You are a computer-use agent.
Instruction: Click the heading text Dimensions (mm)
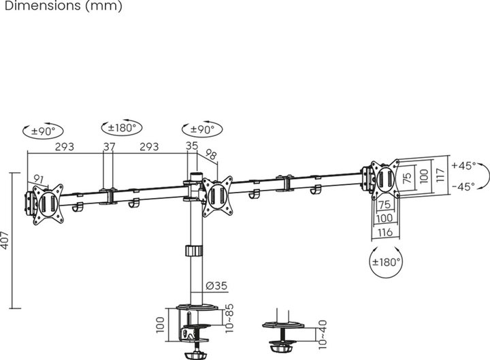pos(63,6)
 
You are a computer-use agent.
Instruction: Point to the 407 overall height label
pos(5,240)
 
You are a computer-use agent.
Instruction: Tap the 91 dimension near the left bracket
pos(38,180)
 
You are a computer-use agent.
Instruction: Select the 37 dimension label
pos(110,146)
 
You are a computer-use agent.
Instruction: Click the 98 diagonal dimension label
pos(211,154)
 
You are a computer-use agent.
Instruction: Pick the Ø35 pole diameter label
pos(216,286)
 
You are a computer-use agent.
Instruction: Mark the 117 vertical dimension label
pos(440,175)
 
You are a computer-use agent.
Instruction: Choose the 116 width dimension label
pos(385,233)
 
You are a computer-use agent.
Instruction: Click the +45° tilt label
pos(463,165)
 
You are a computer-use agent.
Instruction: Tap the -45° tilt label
pos(463,186)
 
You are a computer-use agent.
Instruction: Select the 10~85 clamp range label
pos(229,318)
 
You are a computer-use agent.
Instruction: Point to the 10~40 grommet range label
pos(322,334)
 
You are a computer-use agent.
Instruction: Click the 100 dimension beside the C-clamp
pos(160,325)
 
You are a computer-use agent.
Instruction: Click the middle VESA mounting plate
pos(217,196)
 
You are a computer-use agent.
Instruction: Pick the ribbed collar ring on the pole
pos(194,251)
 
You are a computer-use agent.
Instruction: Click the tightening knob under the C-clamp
pos(195,356)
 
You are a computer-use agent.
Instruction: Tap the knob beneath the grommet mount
pos(280,348)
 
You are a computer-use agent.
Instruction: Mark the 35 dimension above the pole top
pos(192,146)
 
